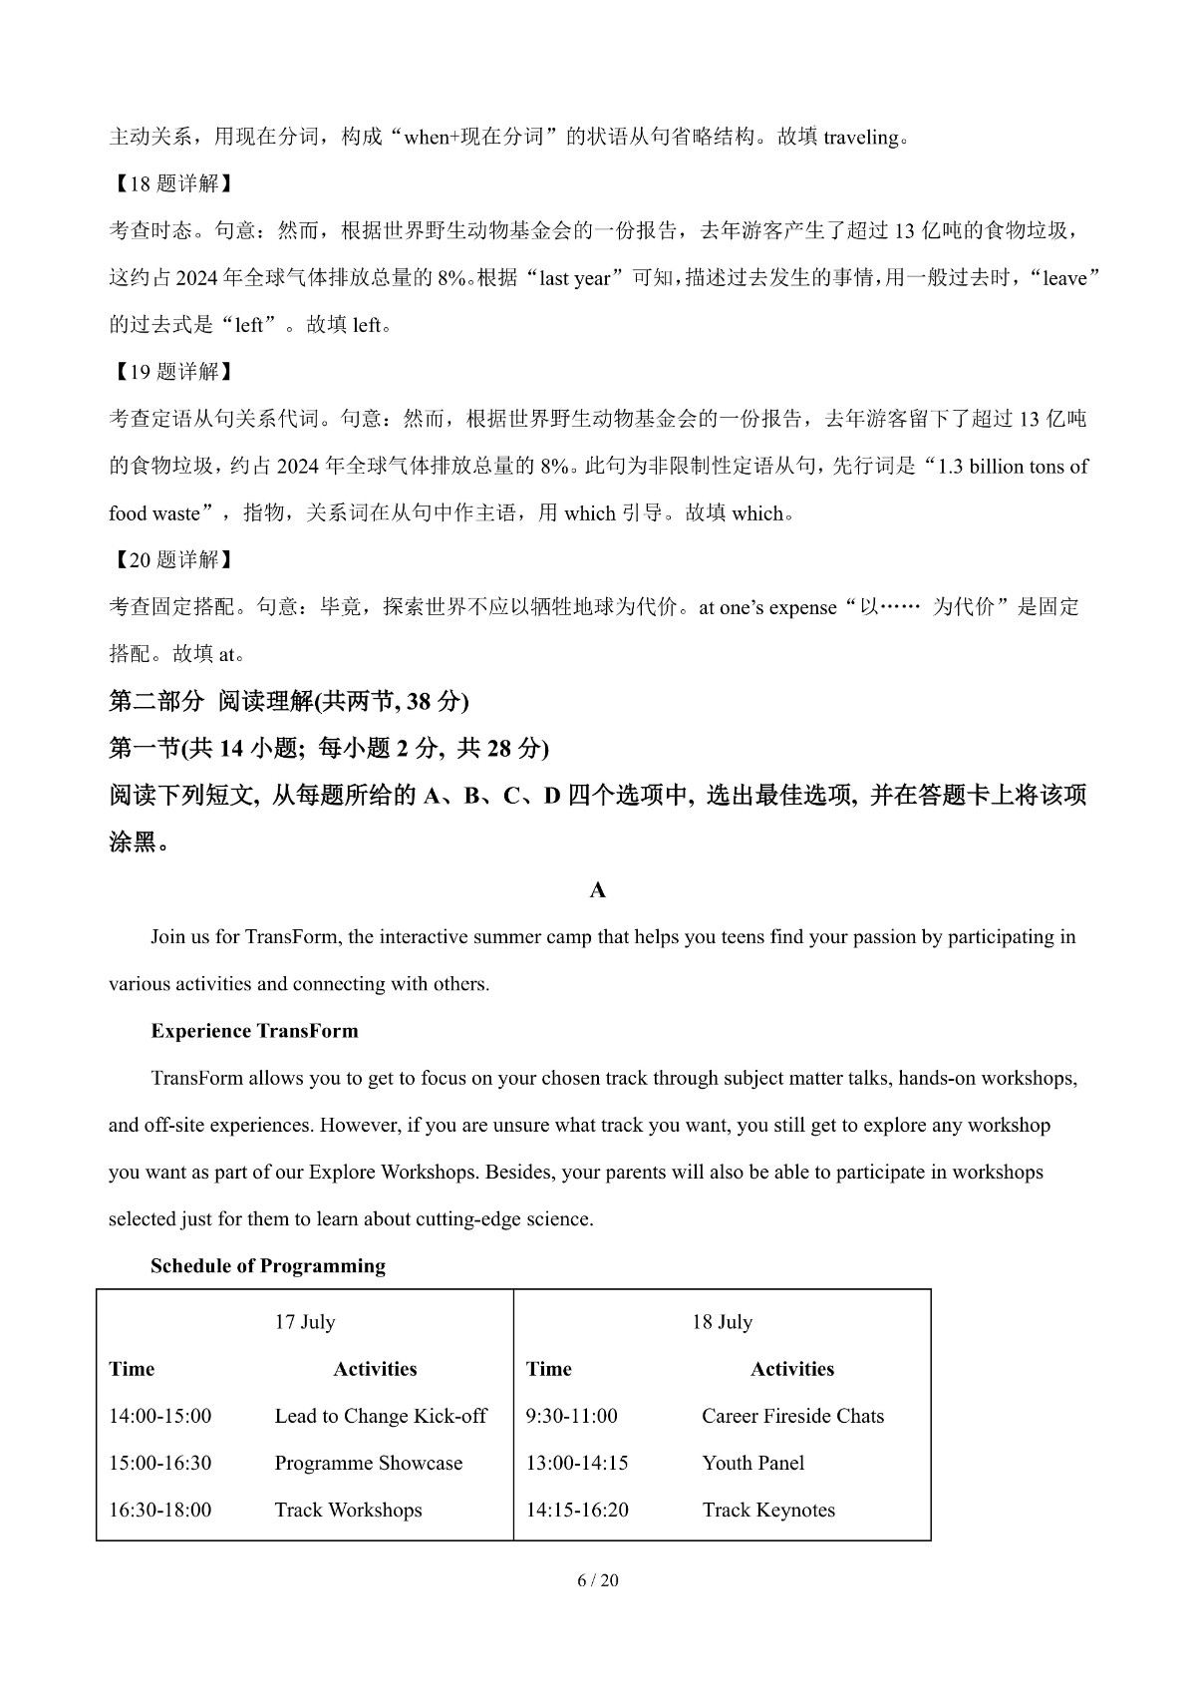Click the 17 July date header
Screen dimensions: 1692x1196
[x=305, y=1322]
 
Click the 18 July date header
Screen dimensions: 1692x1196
[x=723, y=1322]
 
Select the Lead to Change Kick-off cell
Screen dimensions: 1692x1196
[x=381, y=1416]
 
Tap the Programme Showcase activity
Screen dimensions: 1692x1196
[x=369, y=1463]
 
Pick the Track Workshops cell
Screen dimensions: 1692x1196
[x=348, y=1510]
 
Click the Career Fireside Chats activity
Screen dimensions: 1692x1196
[x=792, y=1416]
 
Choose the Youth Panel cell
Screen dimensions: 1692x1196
[x=752, y=1463]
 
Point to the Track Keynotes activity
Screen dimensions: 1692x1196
[x=768, y=1510]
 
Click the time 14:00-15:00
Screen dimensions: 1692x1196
[x=160, y=1416]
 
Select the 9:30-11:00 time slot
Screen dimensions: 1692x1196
[x=572, y=1416]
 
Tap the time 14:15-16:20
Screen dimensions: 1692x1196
[x=577, y=1510]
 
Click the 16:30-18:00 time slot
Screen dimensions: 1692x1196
[x=160, y=1510]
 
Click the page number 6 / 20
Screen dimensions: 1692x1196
[x=598, y=1580]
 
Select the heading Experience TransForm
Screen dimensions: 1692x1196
[x=254, y=1031]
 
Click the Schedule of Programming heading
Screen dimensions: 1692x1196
[x=268, y=1266]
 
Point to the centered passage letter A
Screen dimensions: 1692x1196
[x=598, y=890]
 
